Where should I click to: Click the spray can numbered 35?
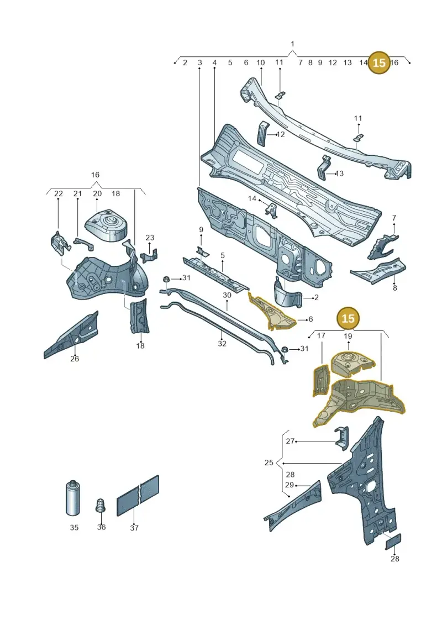point(73,498)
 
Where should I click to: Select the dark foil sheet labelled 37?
point(138,496)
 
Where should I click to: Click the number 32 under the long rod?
point(222,344)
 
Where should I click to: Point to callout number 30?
point(227,295)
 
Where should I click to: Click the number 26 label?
point(75,359)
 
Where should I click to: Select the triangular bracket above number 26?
point(71,335)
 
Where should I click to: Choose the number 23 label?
point(150,238)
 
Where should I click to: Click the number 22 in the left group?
point(59,194)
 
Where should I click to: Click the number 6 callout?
point(311,319)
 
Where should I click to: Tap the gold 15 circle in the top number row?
point(379,62)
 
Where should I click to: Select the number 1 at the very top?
point(292,44)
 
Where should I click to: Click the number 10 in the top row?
point(260,62)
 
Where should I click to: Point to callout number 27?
point(290,441)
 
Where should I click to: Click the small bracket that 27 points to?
point(341,438)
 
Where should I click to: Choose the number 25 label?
point(269,463)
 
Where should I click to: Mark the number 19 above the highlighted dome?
point(348,336)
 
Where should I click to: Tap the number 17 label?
point(321,336)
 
